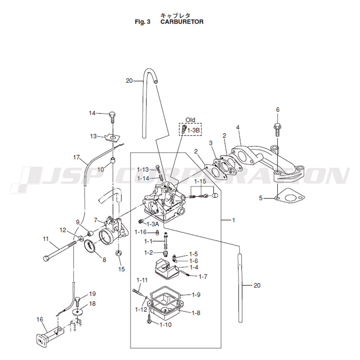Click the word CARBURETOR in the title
coord(182,22)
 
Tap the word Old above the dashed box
coord(191,120)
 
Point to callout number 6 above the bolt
coord(278,110)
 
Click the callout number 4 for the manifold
coord(238,127)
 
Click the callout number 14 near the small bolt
coord(92,113)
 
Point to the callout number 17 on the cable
coord(76,157)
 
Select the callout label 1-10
coord(164,324)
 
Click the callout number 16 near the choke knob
coord(40,319)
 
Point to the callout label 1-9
coord(196,295)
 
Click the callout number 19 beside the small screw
coord(92,293)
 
